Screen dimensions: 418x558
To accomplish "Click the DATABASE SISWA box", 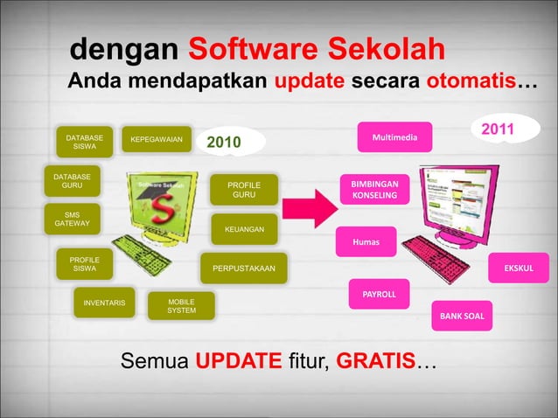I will (x=85, y=142).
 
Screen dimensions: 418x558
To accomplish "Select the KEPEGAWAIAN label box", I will (x=157, y=139).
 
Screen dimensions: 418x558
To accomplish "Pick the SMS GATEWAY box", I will (x=72, y=219).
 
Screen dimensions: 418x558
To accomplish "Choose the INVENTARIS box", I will (x=104, y=303).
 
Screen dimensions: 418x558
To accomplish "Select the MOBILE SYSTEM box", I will (x=181, y=306).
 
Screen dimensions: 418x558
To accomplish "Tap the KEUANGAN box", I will (x=244, y=229).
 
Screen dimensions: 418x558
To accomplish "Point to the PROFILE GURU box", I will (x=244, y=191).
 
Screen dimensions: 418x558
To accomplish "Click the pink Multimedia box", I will (x=394, y=137).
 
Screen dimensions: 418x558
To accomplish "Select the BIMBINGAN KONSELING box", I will (x=374, y=191).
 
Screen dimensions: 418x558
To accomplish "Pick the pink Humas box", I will (x=366, y=241).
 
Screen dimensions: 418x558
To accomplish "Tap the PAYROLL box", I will (x=379, y=295).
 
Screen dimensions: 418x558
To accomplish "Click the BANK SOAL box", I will (x=462, y=315).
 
